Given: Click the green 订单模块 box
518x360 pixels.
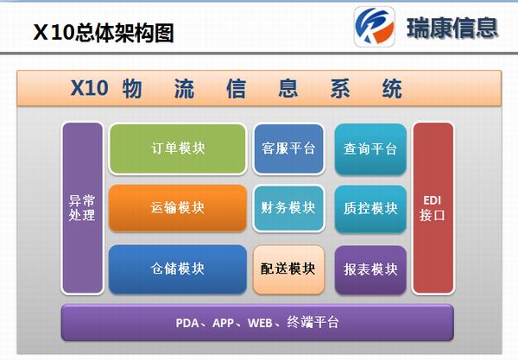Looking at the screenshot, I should (177, 148).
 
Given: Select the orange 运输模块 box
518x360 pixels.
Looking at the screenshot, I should (177, 208).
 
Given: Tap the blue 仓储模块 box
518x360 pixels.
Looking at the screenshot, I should (177, 268).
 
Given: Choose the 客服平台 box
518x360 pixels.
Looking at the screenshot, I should (288, 148).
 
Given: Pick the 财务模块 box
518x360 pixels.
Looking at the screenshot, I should (288, 208).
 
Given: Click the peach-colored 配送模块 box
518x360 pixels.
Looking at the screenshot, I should (288, 268).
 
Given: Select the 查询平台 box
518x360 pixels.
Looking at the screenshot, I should (370, 148).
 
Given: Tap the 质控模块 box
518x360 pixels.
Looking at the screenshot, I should (370, 208).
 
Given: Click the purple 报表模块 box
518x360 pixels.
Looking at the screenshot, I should (370, 268).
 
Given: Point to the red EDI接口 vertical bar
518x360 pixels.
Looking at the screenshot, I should (433, 208).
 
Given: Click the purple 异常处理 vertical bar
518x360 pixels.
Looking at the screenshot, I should (82, 208).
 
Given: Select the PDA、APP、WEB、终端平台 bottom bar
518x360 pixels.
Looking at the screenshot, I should (257, 323).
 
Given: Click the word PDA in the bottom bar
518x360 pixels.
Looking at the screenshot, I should (188, 323).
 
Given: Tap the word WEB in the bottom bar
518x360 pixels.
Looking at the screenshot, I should (260, 323).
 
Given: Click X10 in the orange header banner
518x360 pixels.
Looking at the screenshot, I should (89, 89).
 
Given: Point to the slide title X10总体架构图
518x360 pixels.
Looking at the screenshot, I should (104, 33).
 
